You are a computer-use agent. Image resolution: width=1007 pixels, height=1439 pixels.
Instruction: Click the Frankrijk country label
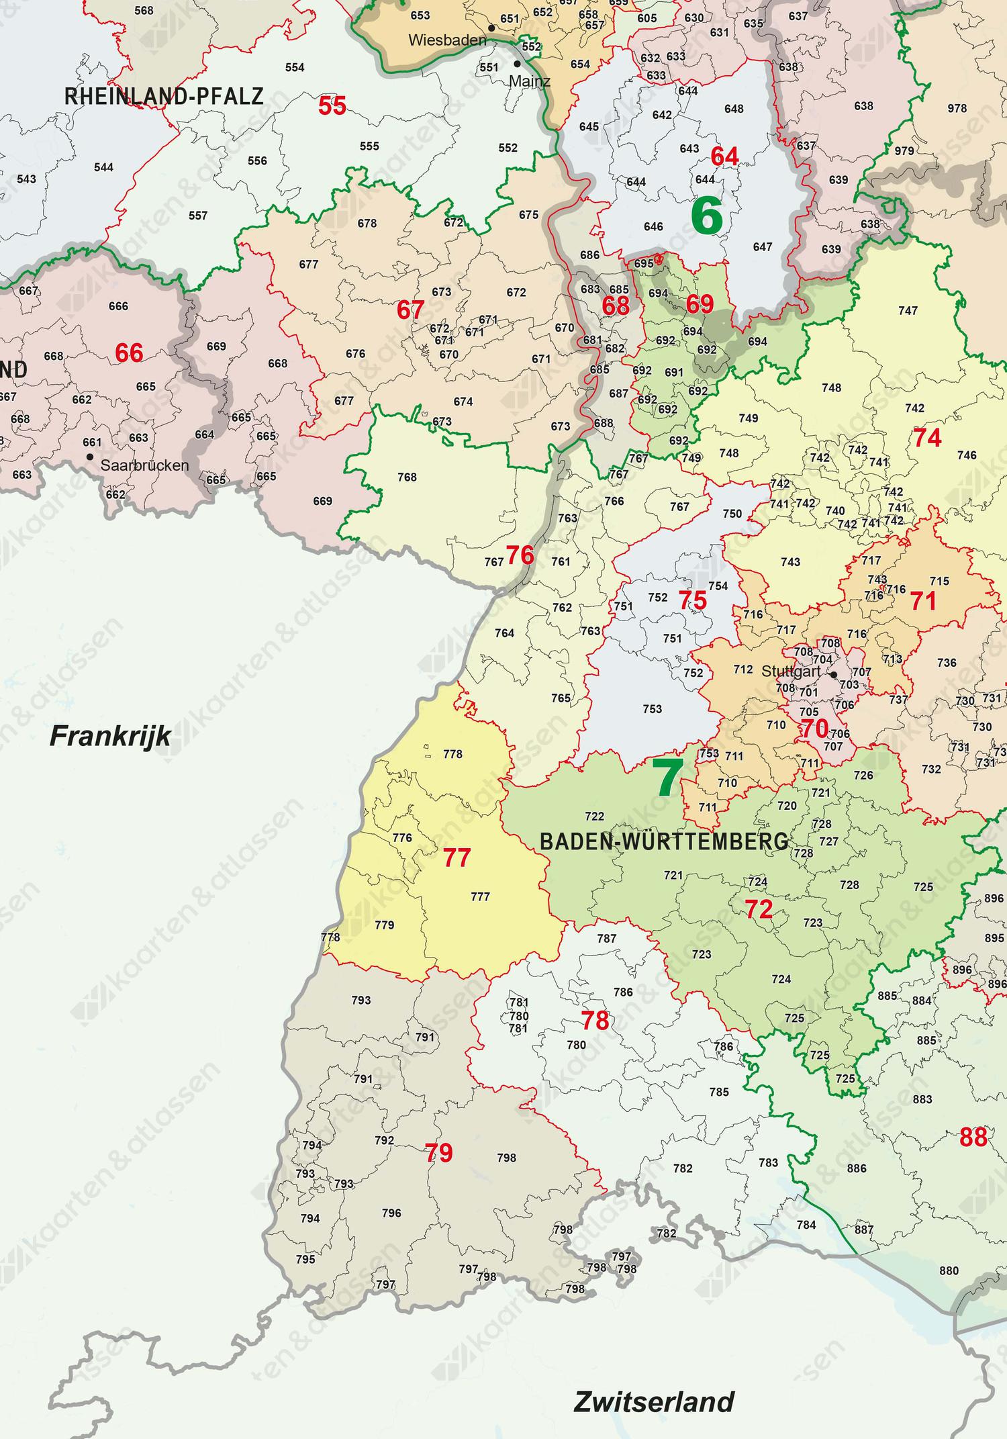(x=110, y=737)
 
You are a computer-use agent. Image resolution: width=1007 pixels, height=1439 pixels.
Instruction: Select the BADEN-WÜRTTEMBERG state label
(x=664, y=841)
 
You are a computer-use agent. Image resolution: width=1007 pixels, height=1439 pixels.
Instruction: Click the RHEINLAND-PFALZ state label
(x=164, y=97)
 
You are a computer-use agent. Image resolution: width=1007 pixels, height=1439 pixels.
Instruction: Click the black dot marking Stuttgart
(x=833, y=675)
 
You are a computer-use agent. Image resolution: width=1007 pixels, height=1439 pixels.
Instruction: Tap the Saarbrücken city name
(x=144, y=465)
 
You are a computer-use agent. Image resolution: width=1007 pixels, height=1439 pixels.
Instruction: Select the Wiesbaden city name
(x=447, y=40)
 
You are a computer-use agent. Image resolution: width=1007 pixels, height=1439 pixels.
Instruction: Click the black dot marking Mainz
(x=517, y=64)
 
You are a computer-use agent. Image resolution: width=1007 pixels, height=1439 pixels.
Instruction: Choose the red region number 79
(x=439, y=1154)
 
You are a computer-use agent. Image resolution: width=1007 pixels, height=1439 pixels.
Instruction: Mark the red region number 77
(x=457, y=858)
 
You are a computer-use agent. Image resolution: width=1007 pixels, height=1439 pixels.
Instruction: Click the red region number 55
(x=332, y=105)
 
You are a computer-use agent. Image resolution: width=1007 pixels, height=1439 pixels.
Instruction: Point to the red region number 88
(x=973, y=1138)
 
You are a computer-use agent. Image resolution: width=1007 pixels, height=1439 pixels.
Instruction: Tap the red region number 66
(x=129, y=353)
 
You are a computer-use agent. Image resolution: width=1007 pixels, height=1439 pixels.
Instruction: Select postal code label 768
(x=407, y=477)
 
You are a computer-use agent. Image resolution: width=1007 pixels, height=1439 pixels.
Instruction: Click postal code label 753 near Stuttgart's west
(x=652, y=709)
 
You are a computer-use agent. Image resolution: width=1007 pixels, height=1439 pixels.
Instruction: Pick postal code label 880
(x=949, y=1271)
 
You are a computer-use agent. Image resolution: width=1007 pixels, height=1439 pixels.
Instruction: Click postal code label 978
(x=957, y=108)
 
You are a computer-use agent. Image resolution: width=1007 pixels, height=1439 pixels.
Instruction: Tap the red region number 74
(x=926, y=438)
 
